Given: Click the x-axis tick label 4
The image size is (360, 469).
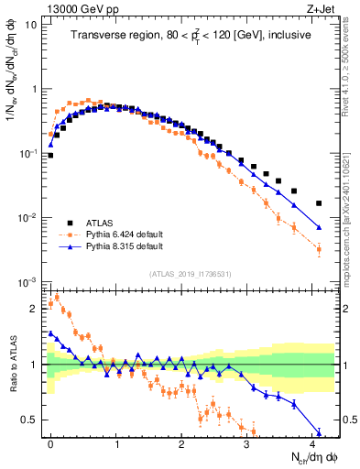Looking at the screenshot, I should [312, 443].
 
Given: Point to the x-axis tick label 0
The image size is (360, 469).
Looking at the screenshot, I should [50, 443].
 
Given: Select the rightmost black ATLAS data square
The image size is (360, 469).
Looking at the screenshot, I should [319, 203].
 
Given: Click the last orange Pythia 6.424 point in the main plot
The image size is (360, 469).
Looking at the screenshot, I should [319, 249].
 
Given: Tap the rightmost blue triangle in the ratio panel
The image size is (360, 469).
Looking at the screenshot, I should [319, 432].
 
